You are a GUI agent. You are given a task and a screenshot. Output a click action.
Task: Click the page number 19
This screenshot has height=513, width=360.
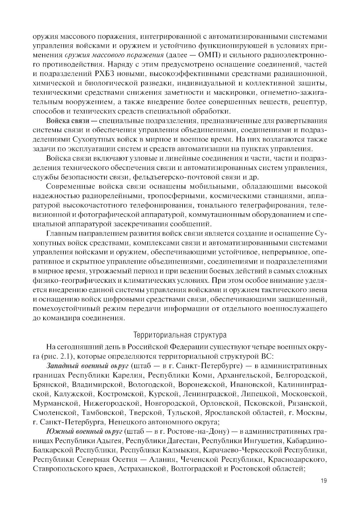point(323,481)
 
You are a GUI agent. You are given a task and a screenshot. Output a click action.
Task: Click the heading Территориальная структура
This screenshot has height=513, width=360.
point(180,335)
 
